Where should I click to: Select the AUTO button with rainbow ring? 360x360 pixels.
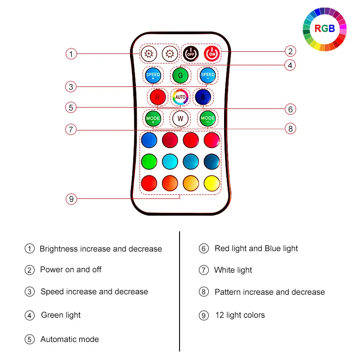tap(180, 97)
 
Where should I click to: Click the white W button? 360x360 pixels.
tap(180, 119)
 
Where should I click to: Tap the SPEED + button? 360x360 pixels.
tap(153, 75)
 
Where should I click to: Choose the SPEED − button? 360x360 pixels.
tap(207, 75)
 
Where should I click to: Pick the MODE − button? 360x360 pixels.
tap(207, 119)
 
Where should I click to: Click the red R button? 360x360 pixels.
tap(157, 97)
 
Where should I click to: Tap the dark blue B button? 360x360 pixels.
tap(203, 97)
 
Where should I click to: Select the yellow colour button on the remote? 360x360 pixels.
tap(211, 183)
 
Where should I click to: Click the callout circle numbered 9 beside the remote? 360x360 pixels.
tap(71, 198)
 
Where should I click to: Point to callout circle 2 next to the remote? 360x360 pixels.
tap(290, 51)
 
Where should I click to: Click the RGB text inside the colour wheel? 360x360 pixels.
tap(324, 29)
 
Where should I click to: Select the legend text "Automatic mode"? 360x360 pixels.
tap(69, 339)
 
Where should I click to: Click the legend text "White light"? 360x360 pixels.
tap(233, 270)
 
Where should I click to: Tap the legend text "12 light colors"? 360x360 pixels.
tap(240, 315)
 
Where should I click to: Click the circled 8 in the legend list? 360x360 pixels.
tap(204, 292)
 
